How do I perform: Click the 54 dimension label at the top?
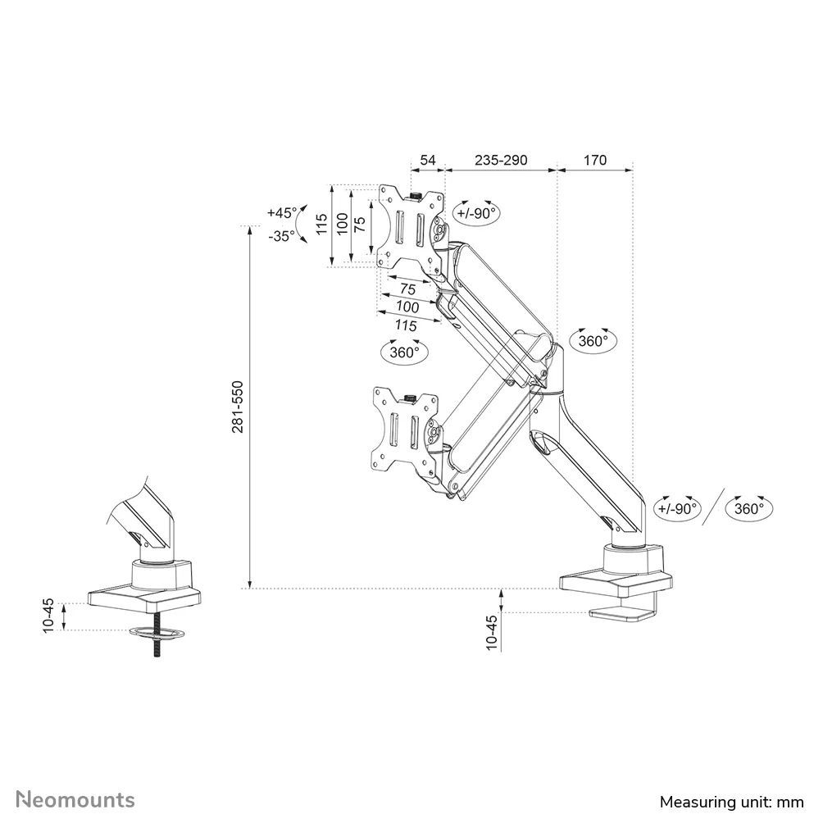point(428,160)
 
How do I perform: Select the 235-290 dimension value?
point(500,160)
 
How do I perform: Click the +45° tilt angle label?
point(282,212)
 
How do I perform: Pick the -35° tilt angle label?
point(282,235)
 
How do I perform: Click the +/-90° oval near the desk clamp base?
point(677,508)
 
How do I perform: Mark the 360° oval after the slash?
point(748,508)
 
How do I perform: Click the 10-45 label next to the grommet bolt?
point(48,615)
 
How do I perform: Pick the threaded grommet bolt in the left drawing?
point(154,647)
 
